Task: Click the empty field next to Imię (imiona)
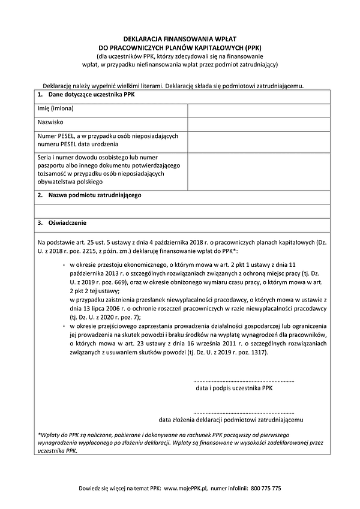click(258, 110)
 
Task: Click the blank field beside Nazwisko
click(258, 124)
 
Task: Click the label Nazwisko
click(51, 124)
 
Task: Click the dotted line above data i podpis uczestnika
click(244, 381)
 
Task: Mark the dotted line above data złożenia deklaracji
click(244, 412)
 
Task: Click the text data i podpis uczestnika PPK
click(235, 388)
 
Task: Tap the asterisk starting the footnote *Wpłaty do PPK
click(38, 433)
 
